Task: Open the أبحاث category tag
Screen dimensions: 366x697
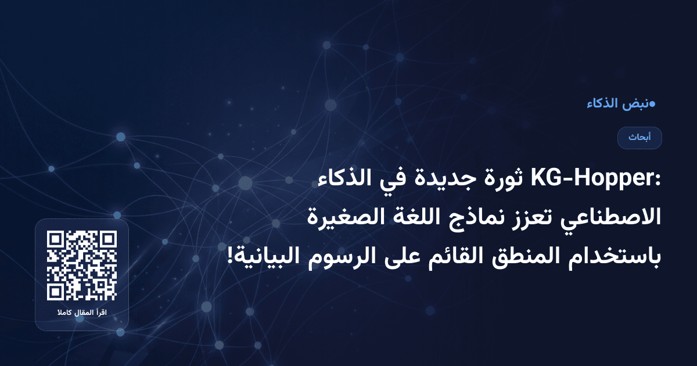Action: tap(639, 138)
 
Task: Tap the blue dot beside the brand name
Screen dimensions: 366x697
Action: tap(652, 105)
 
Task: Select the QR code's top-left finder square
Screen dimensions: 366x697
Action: tap(55, 239)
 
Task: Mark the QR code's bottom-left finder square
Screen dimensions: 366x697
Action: tap(55, 292)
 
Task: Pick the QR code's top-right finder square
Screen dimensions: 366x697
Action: tap(109, 239)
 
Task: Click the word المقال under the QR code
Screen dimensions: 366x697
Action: tap(81, 314)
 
